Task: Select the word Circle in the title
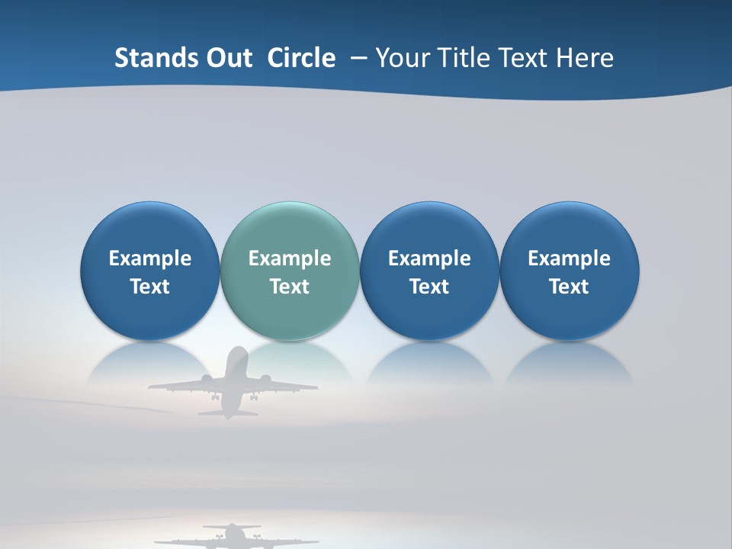[301, 58]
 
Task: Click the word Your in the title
[401, 58]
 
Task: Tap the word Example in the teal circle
[290, 259]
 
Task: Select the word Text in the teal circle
[290, 287]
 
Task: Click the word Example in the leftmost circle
[149, 259]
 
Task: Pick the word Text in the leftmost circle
[149, 287]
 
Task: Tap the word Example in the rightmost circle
[569, 259]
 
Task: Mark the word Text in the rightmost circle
[569, 287]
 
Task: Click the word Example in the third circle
[429, 259]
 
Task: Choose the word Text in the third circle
[429, 287]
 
